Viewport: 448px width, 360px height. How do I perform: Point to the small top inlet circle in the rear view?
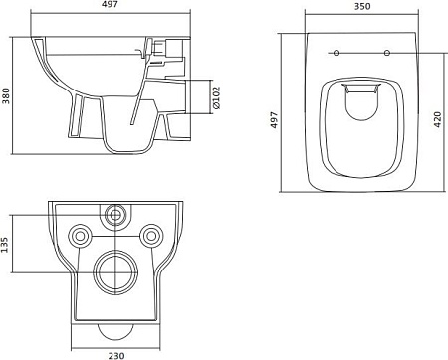click(116, 214)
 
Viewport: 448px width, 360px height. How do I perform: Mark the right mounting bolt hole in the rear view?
click(152, 235)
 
